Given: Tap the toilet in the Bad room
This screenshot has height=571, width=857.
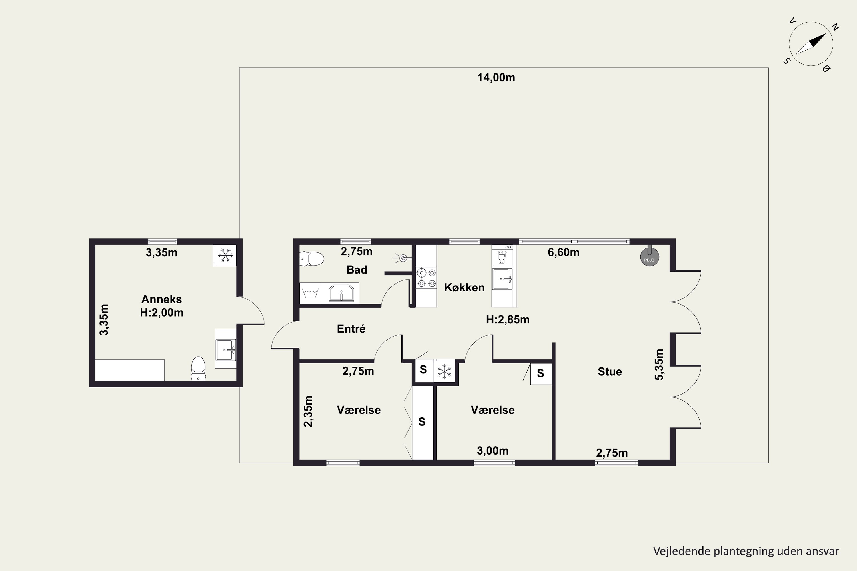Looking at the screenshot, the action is pyautogui.click(x=312, y=259).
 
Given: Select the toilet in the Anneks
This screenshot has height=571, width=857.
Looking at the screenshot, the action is pyautogui.click(x=198, y=369).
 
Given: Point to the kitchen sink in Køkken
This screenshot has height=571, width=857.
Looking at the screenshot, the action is pyautogui.click(x=502, y=279).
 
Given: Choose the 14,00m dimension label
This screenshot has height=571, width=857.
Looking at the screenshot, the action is pyautogui.click(x=496, y=78).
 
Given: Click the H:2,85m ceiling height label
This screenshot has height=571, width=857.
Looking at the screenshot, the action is pyautogui.click(x=508, y=320).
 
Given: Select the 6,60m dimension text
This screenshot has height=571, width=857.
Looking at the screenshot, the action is pyautogui.click(x=563, y=252).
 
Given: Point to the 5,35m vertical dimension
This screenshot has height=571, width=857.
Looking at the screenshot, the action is pyautogui.click(x=659, y=365).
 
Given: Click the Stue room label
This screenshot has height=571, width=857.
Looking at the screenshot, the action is pyautogui.click(x=610, y=372).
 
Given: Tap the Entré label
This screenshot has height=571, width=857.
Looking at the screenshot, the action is pyautogui.click(x=351, y=329).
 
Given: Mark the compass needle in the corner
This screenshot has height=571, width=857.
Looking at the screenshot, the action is pyautogui.click(x=811, y=44).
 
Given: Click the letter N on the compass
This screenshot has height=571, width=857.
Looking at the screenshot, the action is pyautogui.click(x=836, y=27).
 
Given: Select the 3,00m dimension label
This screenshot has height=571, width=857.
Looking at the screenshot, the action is pyautogui.click(x=492, y=451).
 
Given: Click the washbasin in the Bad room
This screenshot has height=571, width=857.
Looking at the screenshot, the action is pyautogui.click(x=341, y=293).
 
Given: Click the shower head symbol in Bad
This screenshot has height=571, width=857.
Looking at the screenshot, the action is pyautogui.click(x=402, y=258).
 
